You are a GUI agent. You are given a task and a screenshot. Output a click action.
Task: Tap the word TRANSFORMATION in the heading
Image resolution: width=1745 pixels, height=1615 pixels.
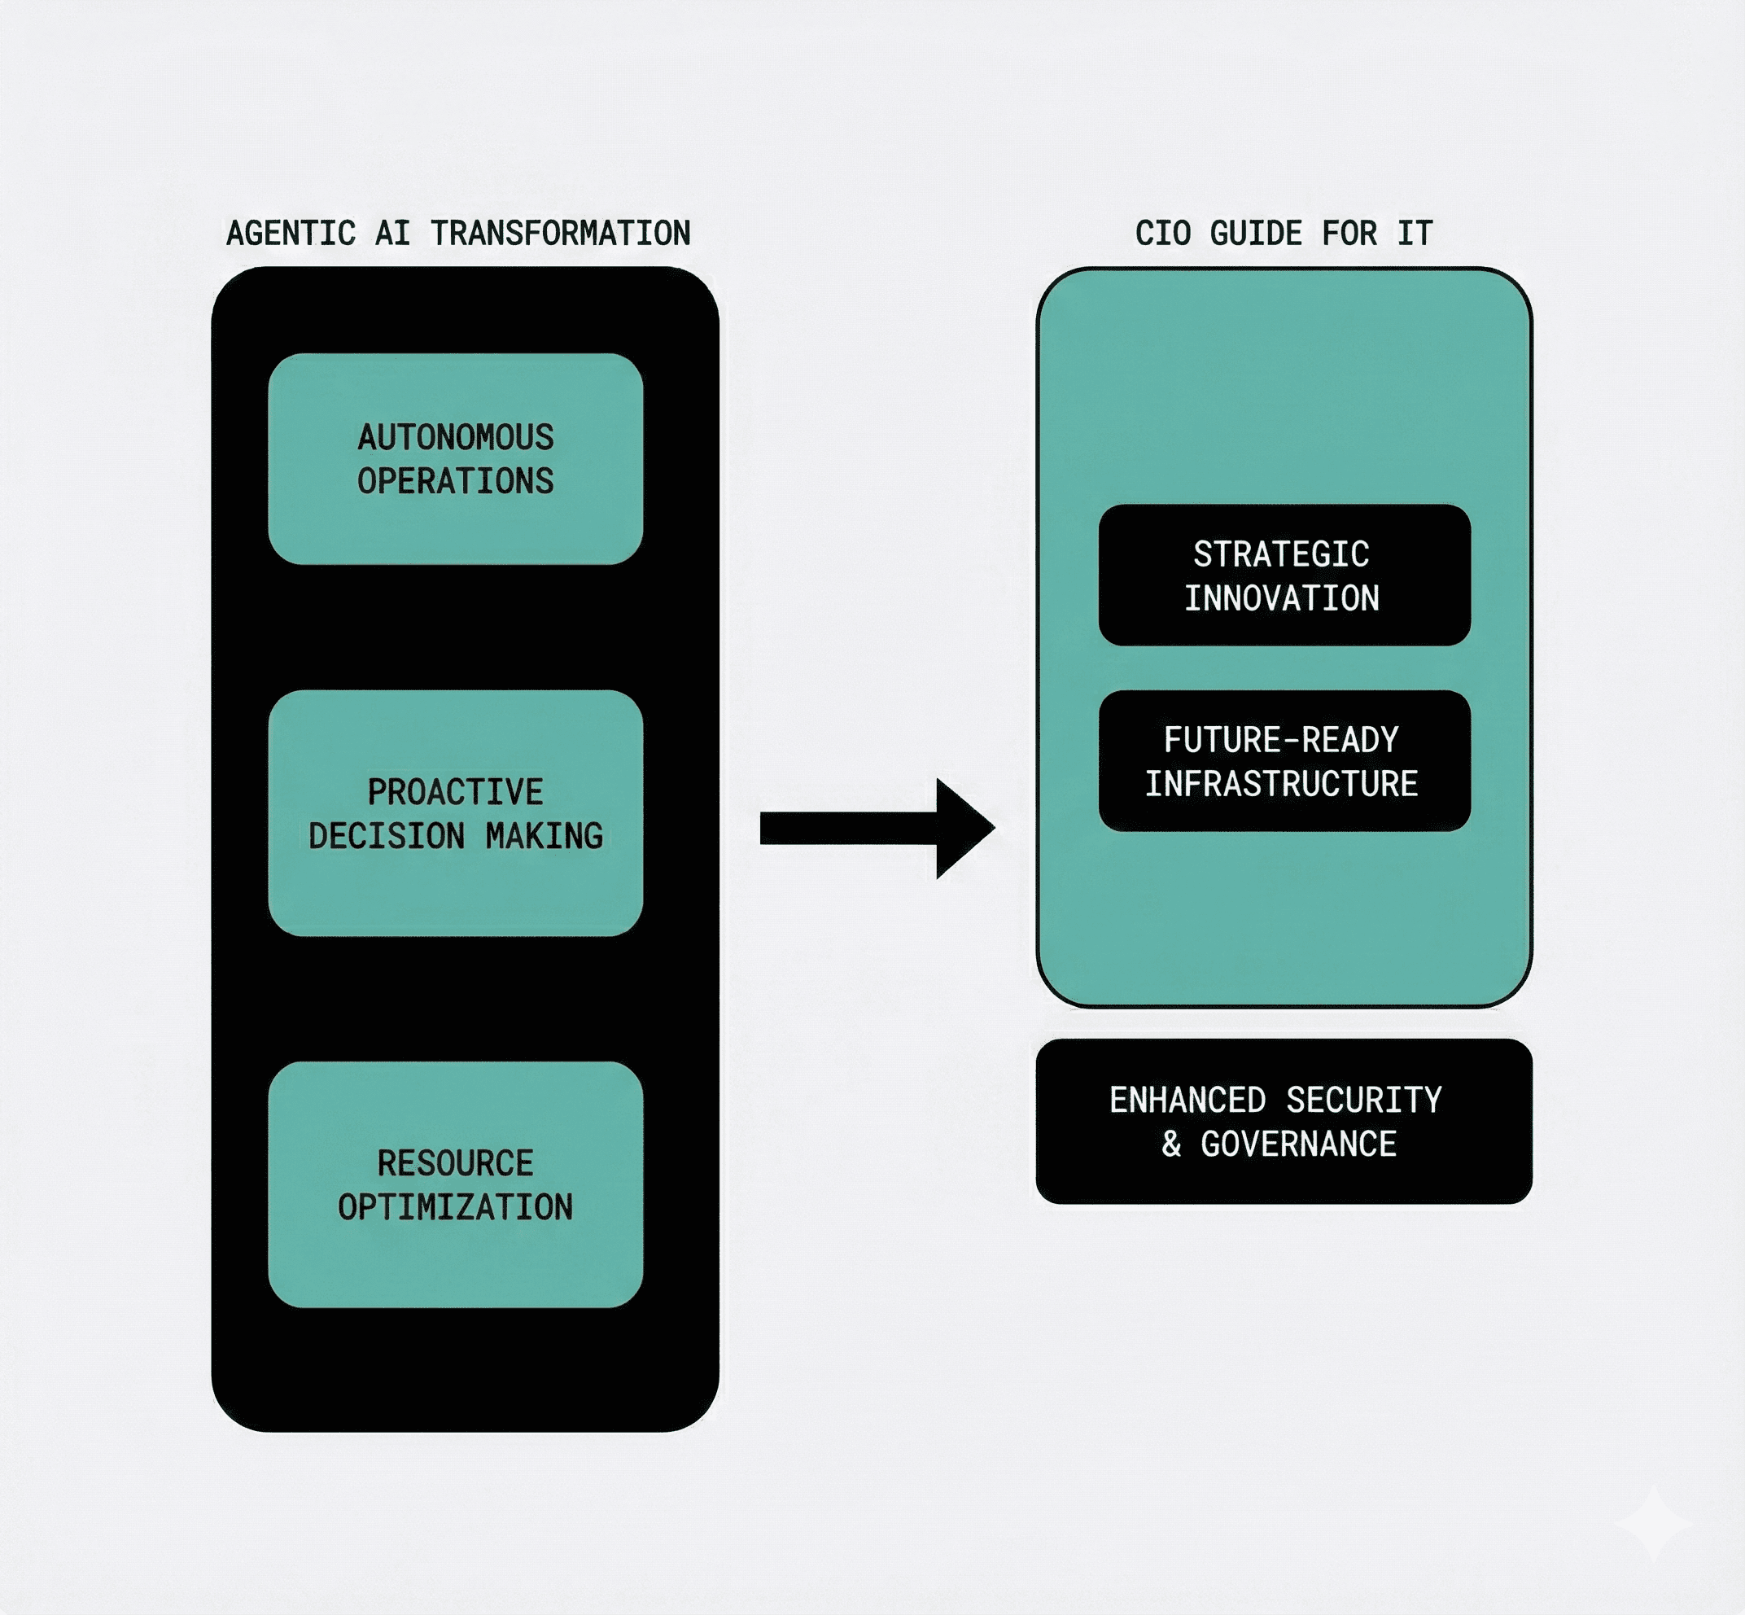tap(560, 234)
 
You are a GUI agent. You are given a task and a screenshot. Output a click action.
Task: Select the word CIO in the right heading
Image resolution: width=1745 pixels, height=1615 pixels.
tap(1162, 234)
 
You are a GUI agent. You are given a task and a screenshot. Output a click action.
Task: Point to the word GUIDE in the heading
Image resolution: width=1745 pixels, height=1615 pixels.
tap(1256, 234)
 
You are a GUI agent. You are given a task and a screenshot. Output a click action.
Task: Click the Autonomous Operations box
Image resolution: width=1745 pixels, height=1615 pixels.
tap(455, 459)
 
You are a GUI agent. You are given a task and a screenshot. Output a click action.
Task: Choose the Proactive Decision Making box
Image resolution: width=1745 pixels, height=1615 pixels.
tap(455, 812)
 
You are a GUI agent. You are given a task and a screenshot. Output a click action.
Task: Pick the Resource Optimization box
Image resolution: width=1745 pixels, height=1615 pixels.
tap(455, 1184)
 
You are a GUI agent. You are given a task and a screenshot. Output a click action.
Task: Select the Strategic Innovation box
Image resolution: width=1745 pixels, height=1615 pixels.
tap(1284, 575)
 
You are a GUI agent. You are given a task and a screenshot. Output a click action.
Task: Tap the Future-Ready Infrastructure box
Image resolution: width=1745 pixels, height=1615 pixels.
tap(1284, 760)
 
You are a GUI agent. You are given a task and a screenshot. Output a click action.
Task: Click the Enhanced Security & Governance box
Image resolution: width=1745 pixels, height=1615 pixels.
tap(1284, 1121)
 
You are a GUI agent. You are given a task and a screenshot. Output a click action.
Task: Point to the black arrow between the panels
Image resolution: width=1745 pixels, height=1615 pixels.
tap(877, 828)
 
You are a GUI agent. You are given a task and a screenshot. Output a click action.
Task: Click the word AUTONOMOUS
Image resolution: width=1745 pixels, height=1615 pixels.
tap(455, 437)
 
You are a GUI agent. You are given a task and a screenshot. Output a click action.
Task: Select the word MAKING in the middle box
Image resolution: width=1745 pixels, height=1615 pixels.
tap(544, 836)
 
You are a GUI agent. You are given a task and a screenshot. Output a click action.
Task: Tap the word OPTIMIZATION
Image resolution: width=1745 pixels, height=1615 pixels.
tap(455, 1207)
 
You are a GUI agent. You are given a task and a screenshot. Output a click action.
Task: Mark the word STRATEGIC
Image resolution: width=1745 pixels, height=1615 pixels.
tap(1281, 554)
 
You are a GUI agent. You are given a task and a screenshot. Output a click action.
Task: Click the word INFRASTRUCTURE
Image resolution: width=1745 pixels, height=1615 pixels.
tap(1281, 784)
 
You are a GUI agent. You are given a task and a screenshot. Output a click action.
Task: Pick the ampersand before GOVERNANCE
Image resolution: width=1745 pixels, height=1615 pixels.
tap(1171, 1144)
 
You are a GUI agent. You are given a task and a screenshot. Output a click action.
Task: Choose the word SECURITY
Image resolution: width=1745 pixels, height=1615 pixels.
tap(1363, 1101)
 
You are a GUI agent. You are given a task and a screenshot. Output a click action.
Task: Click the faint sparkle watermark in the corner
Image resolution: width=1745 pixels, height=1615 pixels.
tap(1652, 1523)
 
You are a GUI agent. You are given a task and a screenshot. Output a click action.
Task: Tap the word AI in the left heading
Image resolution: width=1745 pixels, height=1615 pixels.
tap(392, 234)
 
